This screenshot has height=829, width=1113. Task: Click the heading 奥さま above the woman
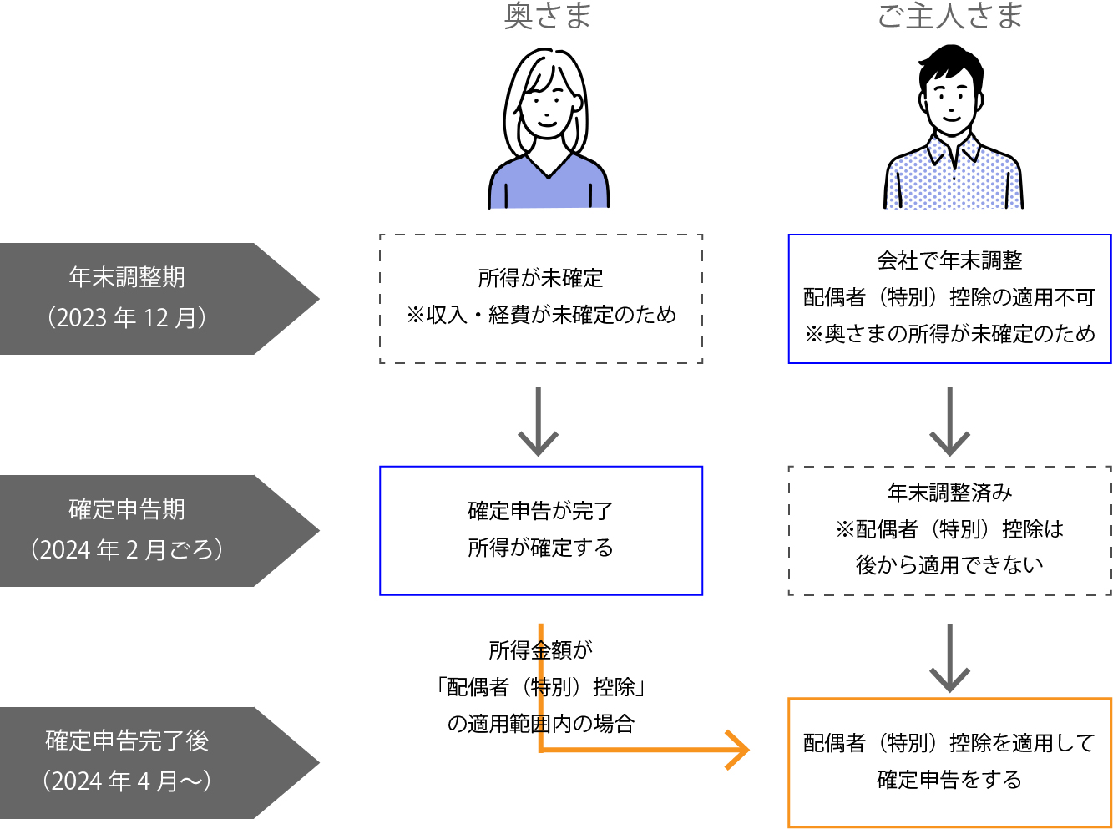(547, 15)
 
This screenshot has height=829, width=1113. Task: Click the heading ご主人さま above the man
(949, 15)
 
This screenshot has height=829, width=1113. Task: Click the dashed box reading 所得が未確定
(541, 298)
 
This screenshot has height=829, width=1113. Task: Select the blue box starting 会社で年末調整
(949, 298)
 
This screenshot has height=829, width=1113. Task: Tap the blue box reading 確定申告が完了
(541, 530)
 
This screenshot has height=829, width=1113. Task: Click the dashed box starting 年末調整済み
(949, 530)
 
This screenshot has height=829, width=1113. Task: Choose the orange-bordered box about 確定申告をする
(949, 761)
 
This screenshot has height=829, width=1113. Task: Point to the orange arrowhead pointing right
(738, 750)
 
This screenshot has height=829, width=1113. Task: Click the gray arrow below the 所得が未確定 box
(539, 422)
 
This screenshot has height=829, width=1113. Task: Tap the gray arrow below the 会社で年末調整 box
(949, 422)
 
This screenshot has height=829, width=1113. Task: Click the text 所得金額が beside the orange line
(541, 650)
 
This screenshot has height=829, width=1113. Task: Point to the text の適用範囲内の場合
(541, 723)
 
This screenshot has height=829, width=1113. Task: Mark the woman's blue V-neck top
(548, 188)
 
